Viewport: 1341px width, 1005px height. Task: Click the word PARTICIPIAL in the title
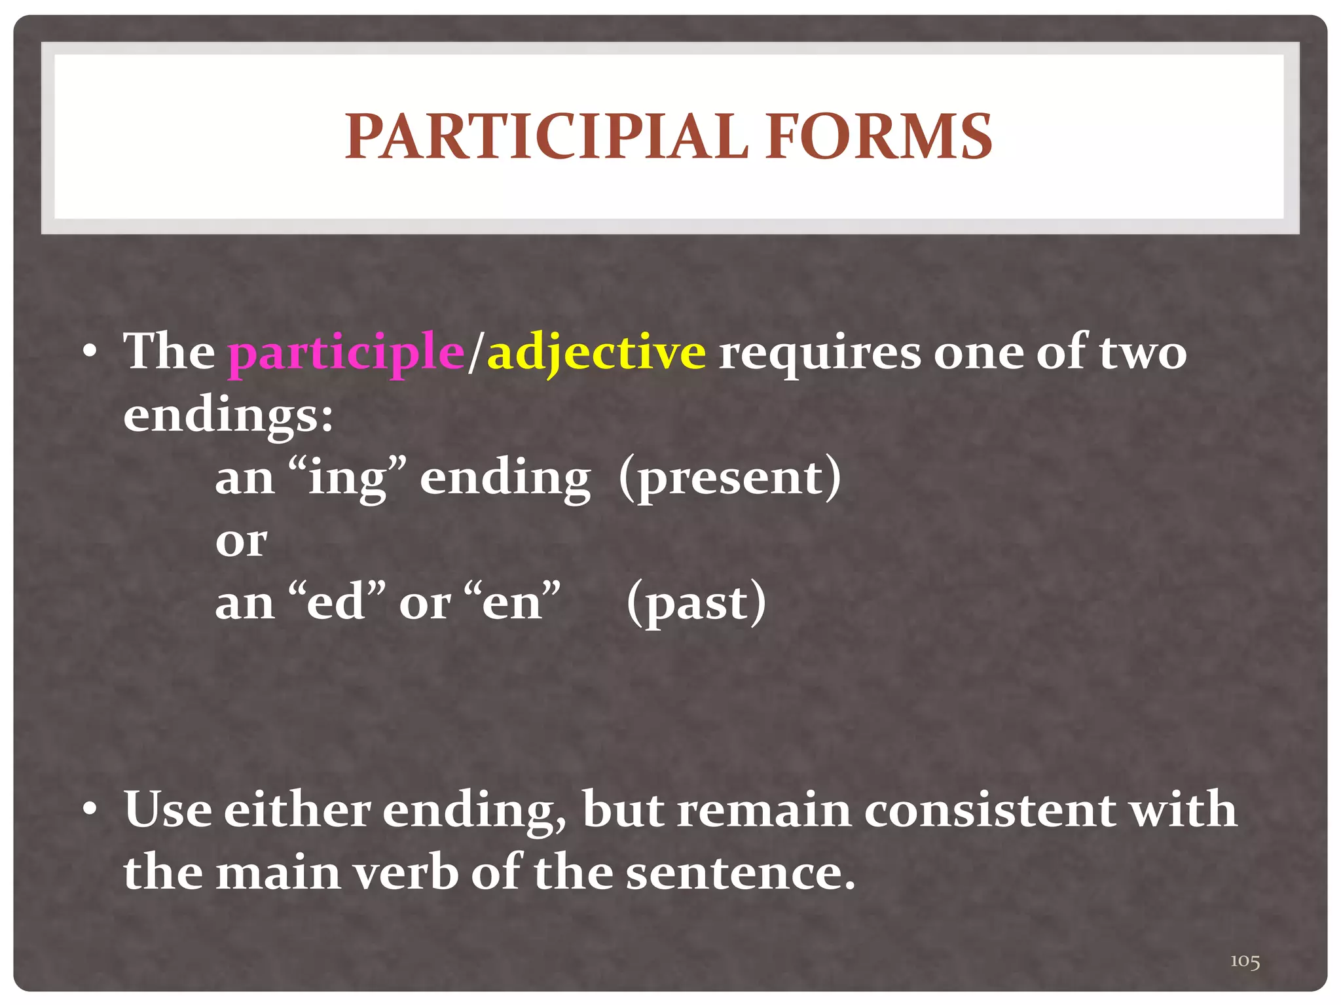coord(546,137)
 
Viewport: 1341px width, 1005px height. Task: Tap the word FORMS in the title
coord(878,137)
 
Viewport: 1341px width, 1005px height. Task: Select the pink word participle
coord(346,354)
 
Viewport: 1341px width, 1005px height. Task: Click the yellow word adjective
coord(597,354)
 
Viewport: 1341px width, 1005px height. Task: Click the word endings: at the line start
coord(229,416)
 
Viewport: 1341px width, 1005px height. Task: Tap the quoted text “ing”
coord(348,478)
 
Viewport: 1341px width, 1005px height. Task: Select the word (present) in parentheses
coord(729,478)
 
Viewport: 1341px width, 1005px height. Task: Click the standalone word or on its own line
coord(241,542)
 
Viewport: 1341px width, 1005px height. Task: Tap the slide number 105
coord(1245,961)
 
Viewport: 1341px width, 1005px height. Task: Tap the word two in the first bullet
coord(1143,354)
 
